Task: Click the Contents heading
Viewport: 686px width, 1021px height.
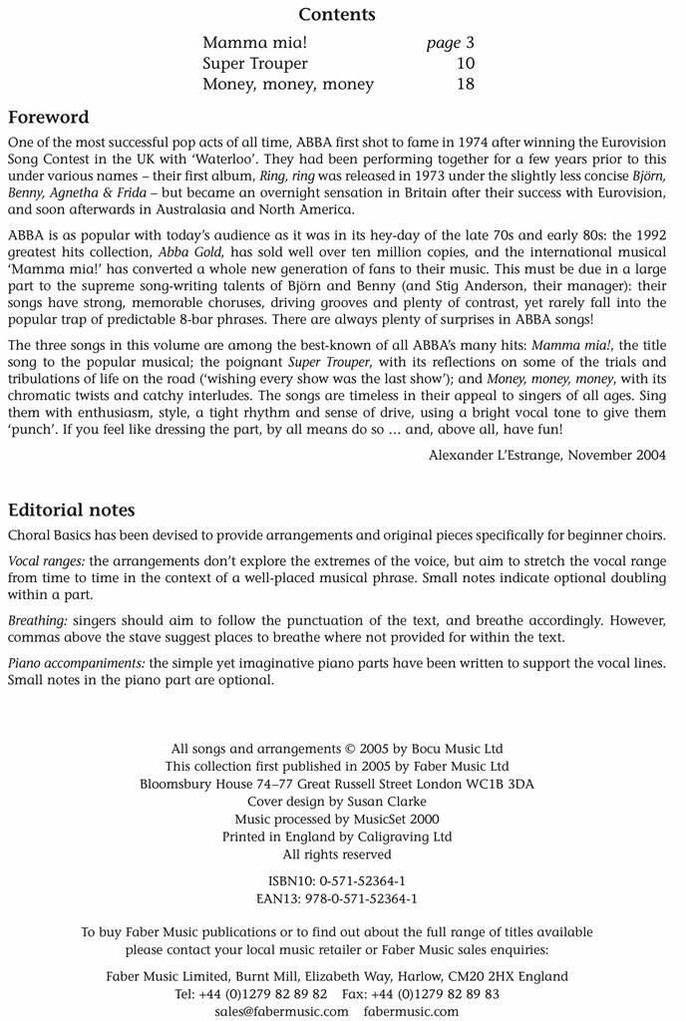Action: (337, 15)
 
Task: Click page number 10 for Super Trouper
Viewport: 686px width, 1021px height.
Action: (464, 64)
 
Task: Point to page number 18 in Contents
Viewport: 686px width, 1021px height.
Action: (464, 85)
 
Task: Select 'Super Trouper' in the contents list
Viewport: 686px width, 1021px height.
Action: (255, 64)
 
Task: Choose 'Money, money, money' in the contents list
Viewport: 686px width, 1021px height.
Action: (287, 85)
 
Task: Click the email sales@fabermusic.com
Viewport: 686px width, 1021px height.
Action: (282, 1012)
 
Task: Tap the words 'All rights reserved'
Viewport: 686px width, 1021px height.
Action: (337, 854)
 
